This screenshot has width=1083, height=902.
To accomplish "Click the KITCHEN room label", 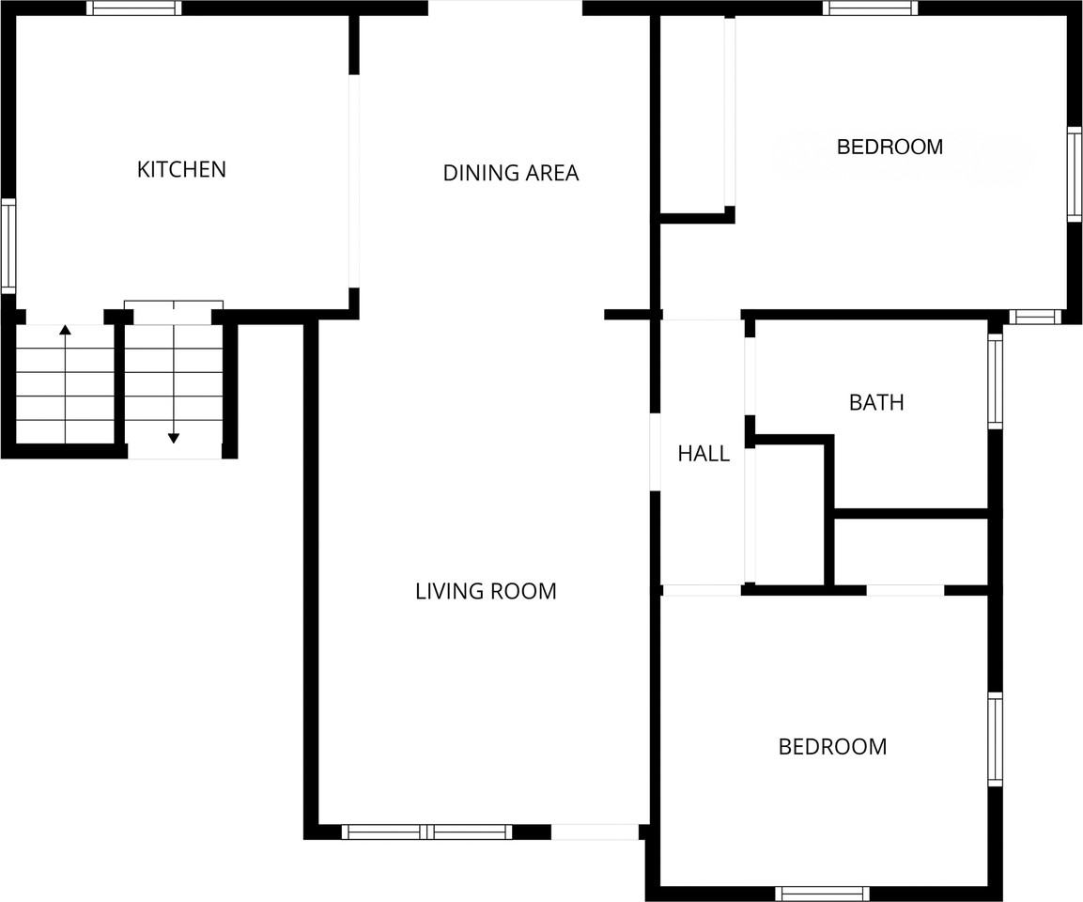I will click(181, 169).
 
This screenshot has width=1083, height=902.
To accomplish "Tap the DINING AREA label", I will click(510, 173).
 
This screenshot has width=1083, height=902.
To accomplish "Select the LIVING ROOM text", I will click(486, 591).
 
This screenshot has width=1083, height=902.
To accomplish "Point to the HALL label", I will click(704, 454).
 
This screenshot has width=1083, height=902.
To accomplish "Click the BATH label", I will click(875, 402).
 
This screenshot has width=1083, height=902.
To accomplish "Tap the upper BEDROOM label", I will click(890, 147).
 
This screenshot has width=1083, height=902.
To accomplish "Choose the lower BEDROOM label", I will click(832, 746).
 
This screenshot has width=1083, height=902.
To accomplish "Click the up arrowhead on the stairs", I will click(65, 330).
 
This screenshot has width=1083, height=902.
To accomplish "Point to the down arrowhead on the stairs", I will click(174, 437).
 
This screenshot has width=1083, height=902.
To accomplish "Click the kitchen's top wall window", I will click(134, 8).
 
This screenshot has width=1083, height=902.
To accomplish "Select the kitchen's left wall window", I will click(8, 246).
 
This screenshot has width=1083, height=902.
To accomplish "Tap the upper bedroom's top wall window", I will click(871, 8).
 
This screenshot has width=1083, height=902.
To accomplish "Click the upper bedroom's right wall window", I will click(1075, 174).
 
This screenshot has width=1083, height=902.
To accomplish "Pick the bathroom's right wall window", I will click(996, 381).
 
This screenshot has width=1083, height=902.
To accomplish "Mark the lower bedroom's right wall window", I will click(996, 739).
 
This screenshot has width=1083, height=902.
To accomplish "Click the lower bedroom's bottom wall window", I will click(823, 894).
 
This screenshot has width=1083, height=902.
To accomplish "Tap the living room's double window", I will click(426, 832).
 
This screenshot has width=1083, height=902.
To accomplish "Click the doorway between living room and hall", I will click(655, 452).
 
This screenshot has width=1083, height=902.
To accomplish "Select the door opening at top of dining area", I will click(505, 8).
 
